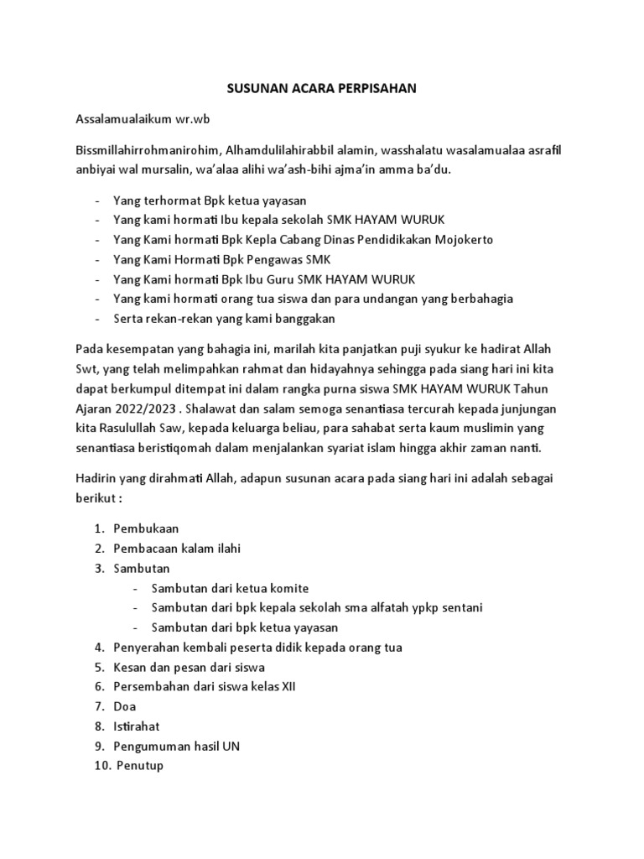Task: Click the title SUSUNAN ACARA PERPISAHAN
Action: click(321, 88)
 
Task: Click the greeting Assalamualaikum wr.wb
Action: click(143, 119)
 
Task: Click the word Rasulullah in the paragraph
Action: click(134, 428)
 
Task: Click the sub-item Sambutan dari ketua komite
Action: click(236, 588)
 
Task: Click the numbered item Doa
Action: click(124, 706)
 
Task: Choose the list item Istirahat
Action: click(136, 726)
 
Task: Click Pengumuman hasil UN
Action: click(177, 747)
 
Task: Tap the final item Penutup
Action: click(141, 766)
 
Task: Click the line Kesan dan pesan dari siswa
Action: click(189, 667)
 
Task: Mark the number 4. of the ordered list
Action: click(99, 648)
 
